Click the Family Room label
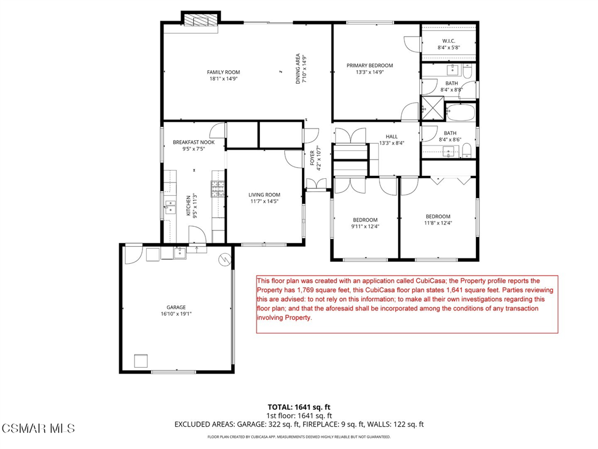(224, 72)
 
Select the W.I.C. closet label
(448, 41)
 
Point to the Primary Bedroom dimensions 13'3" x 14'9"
(370, 72)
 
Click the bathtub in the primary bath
(461, 112)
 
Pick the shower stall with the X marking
(433, 108)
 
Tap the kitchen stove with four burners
(218, 189)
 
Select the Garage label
(176, 308)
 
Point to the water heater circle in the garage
(225, 260)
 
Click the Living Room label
(265, 195)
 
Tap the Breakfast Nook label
(194, 143)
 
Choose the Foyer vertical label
(312, 158)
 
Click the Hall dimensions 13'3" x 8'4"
(391, 143)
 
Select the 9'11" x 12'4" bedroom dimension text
(365, 226)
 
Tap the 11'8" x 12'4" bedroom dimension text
(438, 223)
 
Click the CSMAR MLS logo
(38, 429)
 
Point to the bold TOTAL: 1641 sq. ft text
(299, 407)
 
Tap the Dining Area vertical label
(298, 69)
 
